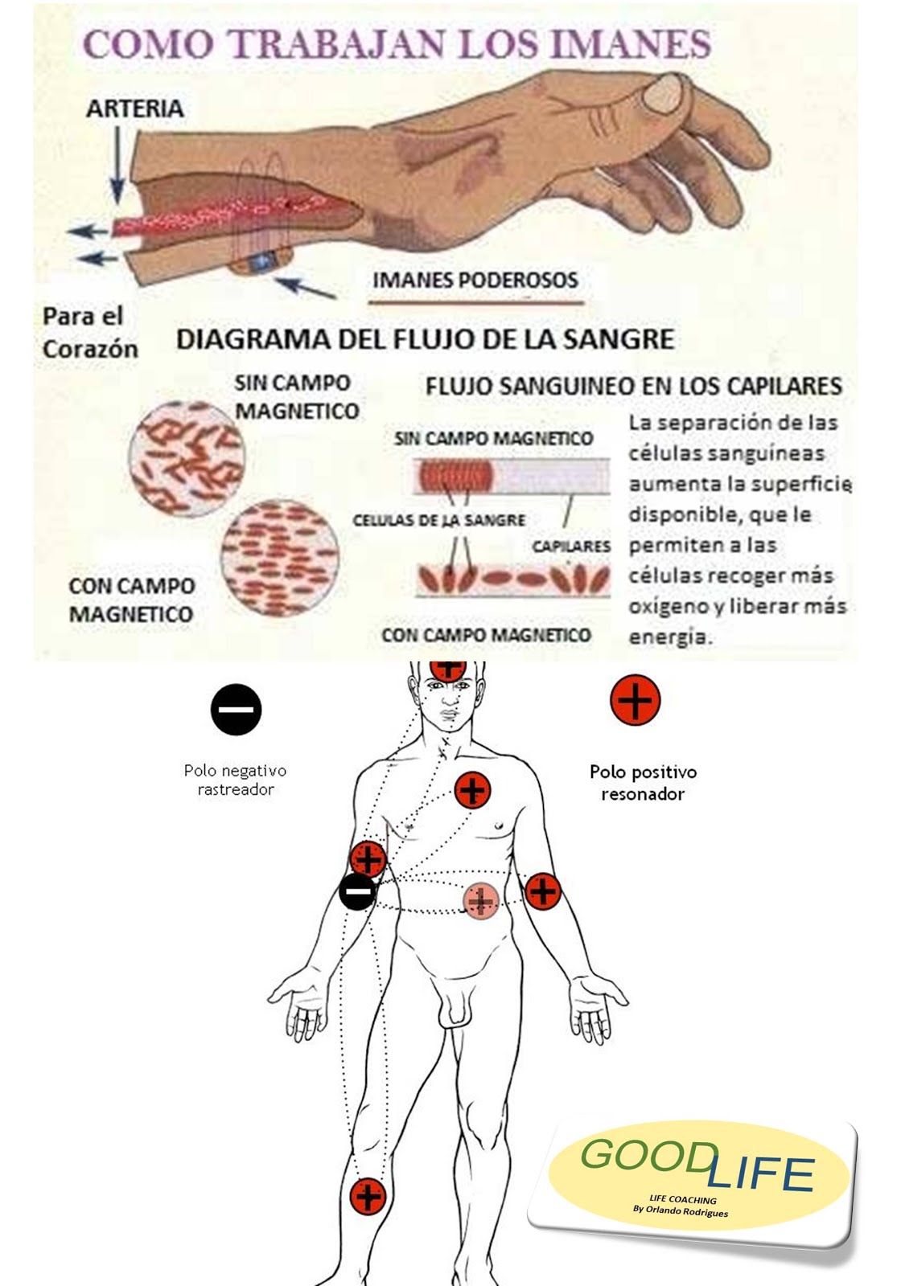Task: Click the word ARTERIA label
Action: click(134, 109)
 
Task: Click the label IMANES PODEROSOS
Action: click(475, 281)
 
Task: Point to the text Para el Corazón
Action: click(89, 333)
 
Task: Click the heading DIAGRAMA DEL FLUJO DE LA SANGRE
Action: click(425, 339)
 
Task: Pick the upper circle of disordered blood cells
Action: click(187, 459)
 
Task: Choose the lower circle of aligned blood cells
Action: click(278, 557)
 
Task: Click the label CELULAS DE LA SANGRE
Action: click(438, 521)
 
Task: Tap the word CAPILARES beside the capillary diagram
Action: click(571, 547)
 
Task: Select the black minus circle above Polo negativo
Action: click(237, 710)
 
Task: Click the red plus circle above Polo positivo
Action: click(636, 699)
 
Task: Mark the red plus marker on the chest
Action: click(472, 790)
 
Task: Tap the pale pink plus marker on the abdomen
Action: click(480, 900)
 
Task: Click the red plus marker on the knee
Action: click(368, 1196)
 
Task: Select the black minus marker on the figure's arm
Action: click(356, 891)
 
